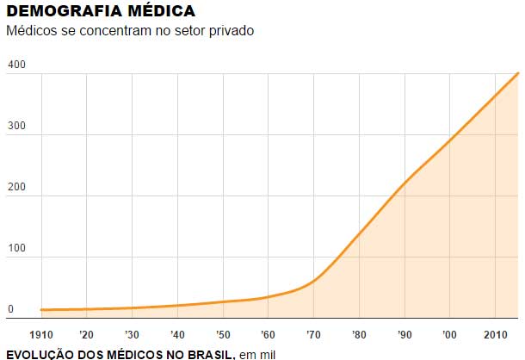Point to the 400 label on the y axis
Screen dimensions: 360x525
(15, 65)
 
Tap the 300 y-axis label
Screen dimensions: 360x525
(15, 127)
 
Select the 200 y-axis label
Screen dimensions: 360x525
(15, 187)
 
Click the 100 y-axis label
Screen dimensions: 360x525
(15, 248)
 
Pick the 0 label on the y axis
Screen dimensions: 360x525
(10, 308)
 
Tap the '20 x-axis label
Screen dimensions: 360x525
(86, 334)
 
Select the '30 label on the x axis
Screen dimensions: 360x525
(132, 334)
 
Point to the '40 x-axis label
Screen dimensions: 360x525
(177, 334)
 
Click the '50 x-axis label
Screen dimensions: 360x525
(222, 334)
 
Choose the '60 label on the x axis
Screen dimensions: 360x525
(268, 334)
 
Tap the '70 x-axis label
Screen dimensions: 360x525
(313, 334)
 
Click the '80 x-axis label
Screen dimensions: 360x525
(359, 334)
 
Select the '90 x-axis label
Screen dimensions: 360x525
(404, 334)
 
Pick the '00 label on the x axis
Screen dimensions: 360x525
(449, 334)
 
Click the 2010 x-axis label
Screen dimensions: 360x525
(495, 334)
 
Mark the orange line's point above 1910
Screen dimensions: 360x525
(41, 309)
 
